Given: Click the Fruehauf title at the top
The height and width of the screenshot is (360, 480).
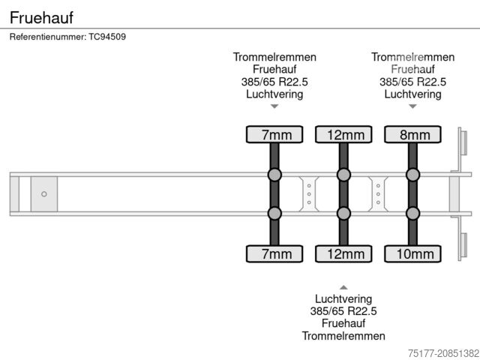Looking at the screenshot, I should (x=42, y=16).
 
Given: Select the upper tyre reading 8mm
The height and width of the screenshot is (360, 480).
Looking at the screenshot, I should (x=412, y=135).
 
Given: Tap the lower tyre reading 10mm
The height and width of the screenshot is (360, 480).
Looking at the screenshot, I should (x=412, y=253).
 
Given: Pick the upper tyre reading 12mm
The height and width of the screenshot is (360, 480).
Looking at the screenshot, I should (x=343, y=135).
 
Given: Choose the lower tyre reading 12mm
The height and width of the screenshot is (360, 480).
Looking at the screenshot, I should (x=343, y=253).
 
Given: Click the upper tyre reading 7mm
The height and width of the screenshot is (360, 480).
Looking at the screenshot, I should (x=274, y=135).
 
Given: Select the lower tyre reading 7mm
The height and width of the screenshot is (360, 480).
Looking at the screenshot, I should (x=274, y=253).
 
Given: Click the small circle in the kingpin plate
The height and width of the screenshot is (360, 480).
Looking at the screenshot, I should (x=44, y=194).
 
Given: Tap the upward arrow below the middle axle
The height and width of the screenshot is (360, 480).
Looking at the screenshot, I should (x=343, y=287).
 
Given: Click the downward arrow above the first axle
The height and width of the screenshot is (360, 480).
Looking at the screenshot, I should (x=274, y=106).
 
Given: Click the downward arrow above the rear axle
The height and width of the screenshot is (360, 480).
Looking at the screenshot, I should (x=412, y=106).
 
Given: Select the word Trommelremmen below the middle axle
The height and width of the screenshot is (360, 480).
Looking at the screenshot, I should (x=343, y=335).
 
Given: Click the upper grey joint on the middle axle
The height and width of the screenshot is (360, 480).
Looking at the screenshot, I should (x=343, y=175).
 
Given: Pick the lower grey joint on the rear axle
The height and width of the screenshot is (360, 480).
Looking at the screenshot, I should (x=412, y=214).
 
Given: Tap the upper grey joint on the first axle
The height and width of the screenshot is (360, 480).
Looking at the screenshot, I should (x=274, y=175).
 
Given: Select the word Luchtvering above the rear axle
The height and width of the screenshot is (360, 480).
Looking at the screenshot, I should (x=412, y=94).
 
